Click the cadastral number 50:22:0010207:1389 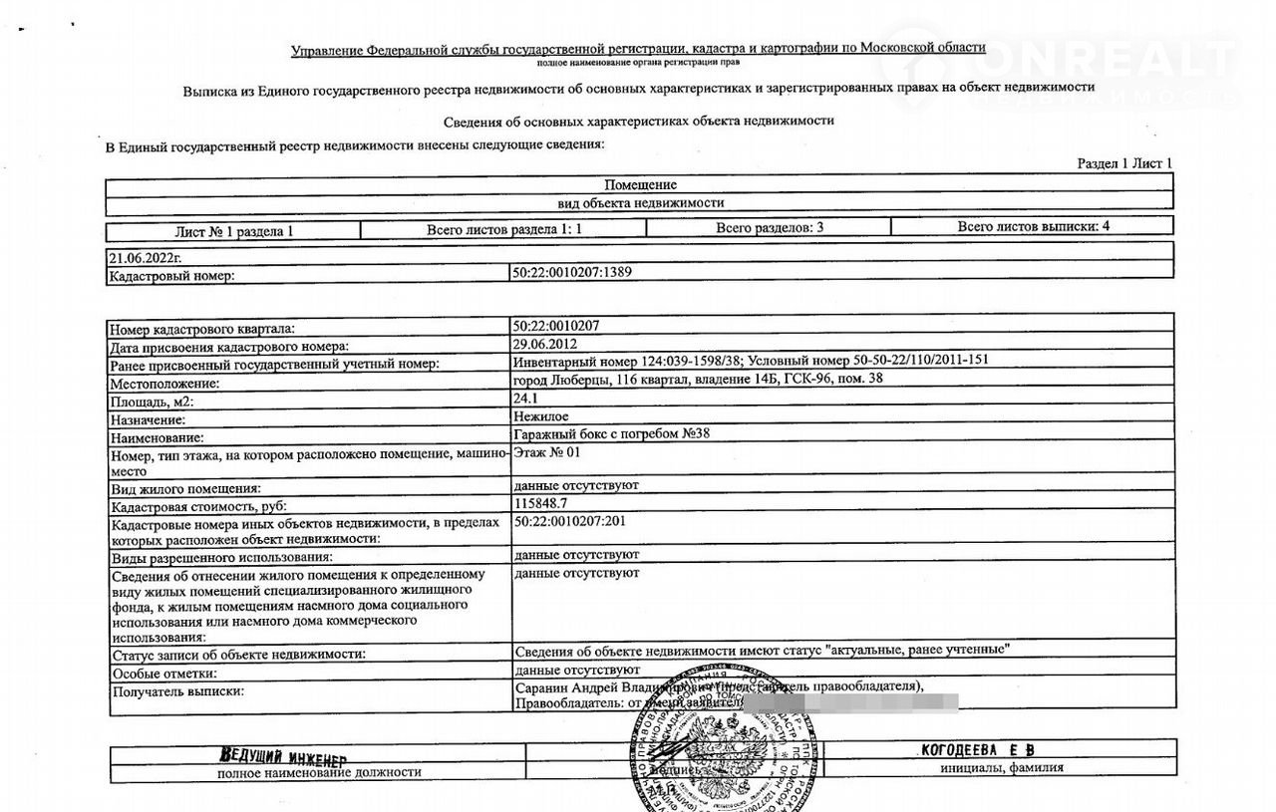tap(573, 272)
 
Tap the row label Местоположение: tap(164, 384)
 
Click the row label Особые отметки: tap(163, 673)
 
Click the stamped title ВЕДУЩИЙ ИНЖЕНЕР tap(282, 755)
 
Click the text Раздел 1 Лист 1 tap(1124, 163)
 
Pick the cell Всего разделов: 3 tap(769, 227)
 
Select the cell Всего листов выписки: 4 tap(1033, 226)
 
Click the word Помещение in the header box tap(640, 184)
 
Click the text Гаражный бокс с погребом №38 tap(611, 434)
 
